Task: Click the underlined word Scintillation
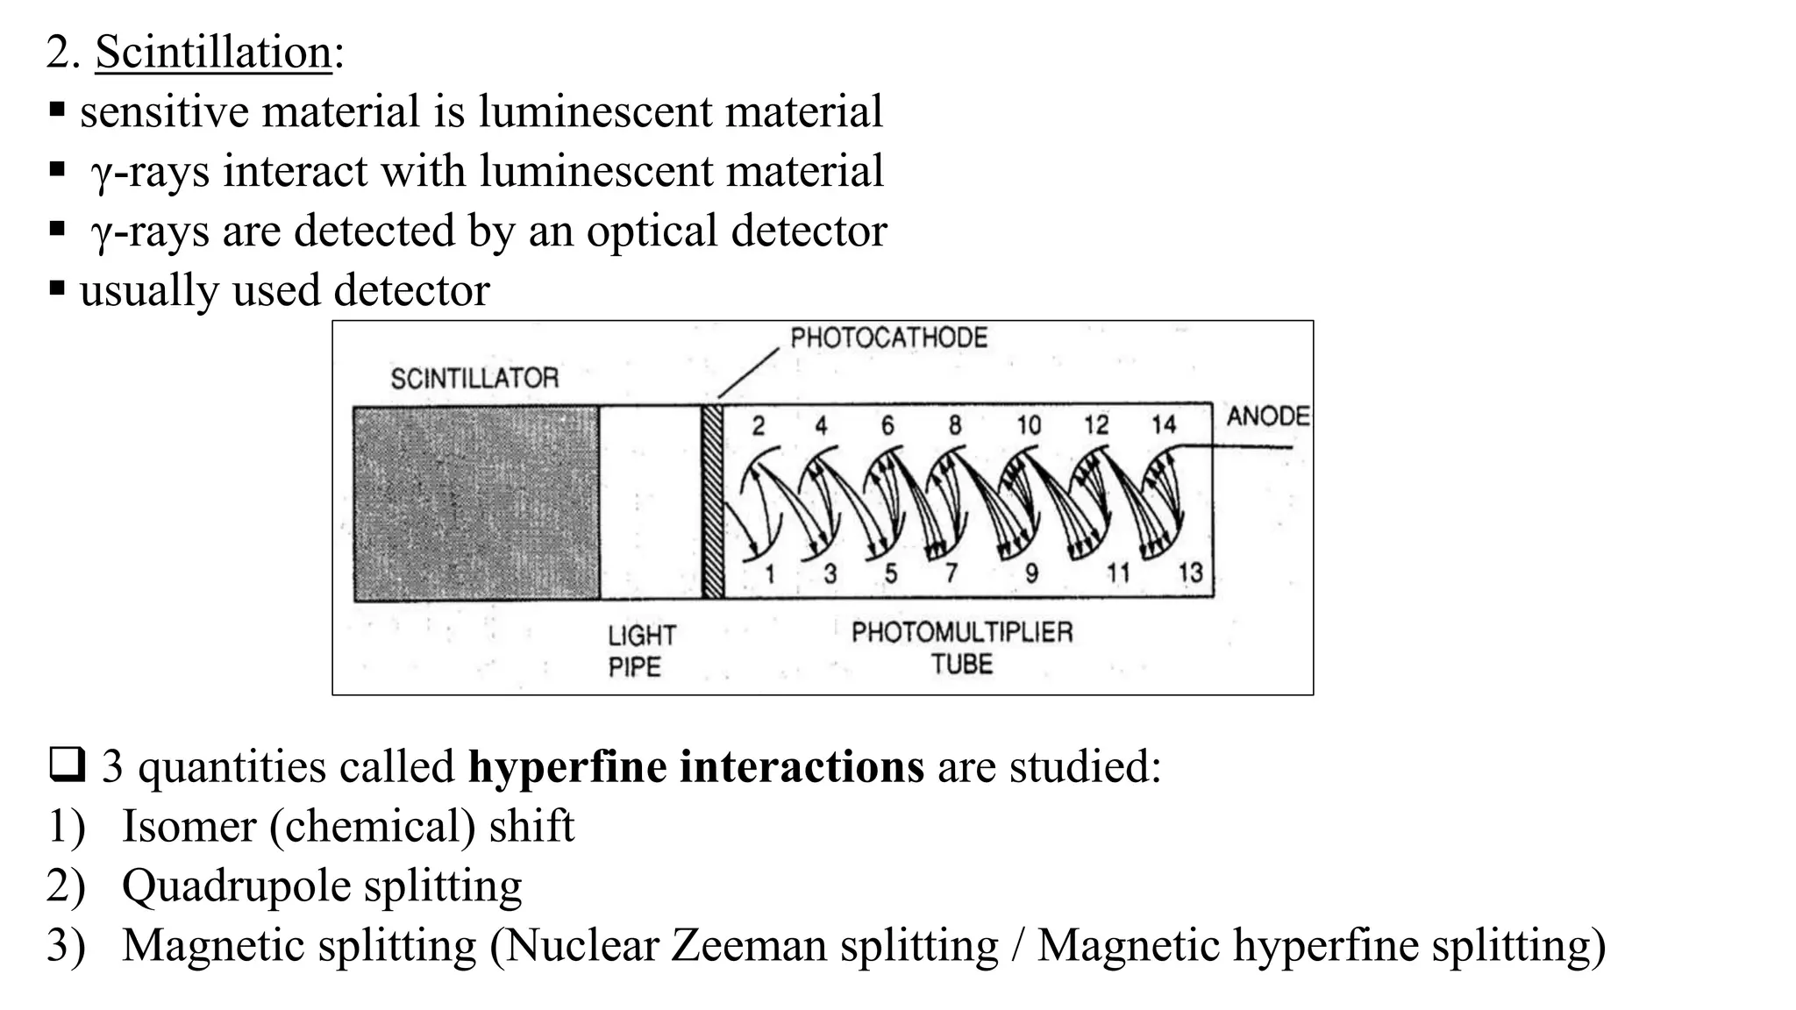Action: click(213, 52)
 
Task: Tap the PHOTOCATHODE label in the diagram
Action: click(888, 338)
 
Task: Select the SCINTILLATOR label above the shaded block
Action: click(474, 379)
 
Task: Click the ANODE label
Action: click(1268, 416)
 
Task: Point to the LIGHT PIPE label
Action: click(642, 651)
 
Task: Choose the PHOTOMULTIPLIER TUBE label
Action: click(962, 647)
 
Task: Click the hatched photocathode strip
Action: click(713, 501)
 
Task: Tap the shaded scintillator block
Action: click(476, 503)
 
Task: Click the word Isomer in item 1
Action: click(189, 826)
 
